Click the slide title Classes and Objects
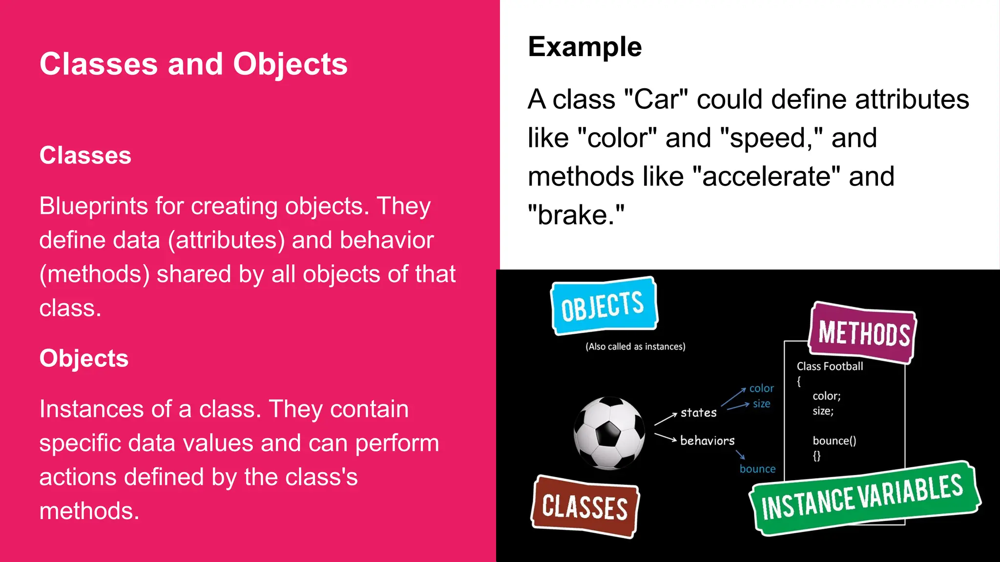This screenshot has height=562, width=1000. click(x=193, y=64)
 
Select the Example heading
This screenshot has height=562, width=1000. click(x=584, y=47)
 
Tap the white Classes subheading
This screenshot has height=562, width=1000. click(x=85, y=155)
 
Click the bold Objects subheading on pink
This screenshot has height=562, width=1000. click(x=83, y=358)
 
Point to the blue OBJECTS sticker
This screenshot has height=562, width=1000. click(x=604, y=306)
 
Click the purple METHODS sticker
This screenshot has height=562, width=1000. click(x=863, y=333)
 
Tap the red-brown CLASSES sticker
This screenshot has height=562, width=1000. click(x=584, y=507)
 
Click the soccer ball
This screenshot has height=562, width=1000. click(x=609, y=433)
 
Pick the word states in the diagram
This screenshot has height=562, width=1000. click(x=698, y=413)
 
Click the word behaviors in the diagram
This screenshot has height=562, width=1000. click(x=707, y=441)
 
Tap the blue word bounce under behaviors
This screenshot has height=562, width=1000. click(x=757, y=469)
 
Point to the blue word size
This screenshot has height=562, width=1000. click(x=761, y=403)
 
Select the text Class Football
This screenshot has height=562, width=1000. click(x=830, y=366)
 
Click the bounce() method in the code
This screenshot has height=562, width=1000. click(x=834, y=441)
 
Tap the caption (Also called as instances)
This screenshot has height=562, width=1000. click(x=635, y=346)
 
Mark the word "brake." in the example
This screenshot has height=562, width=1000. click(x=576, y=215)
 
